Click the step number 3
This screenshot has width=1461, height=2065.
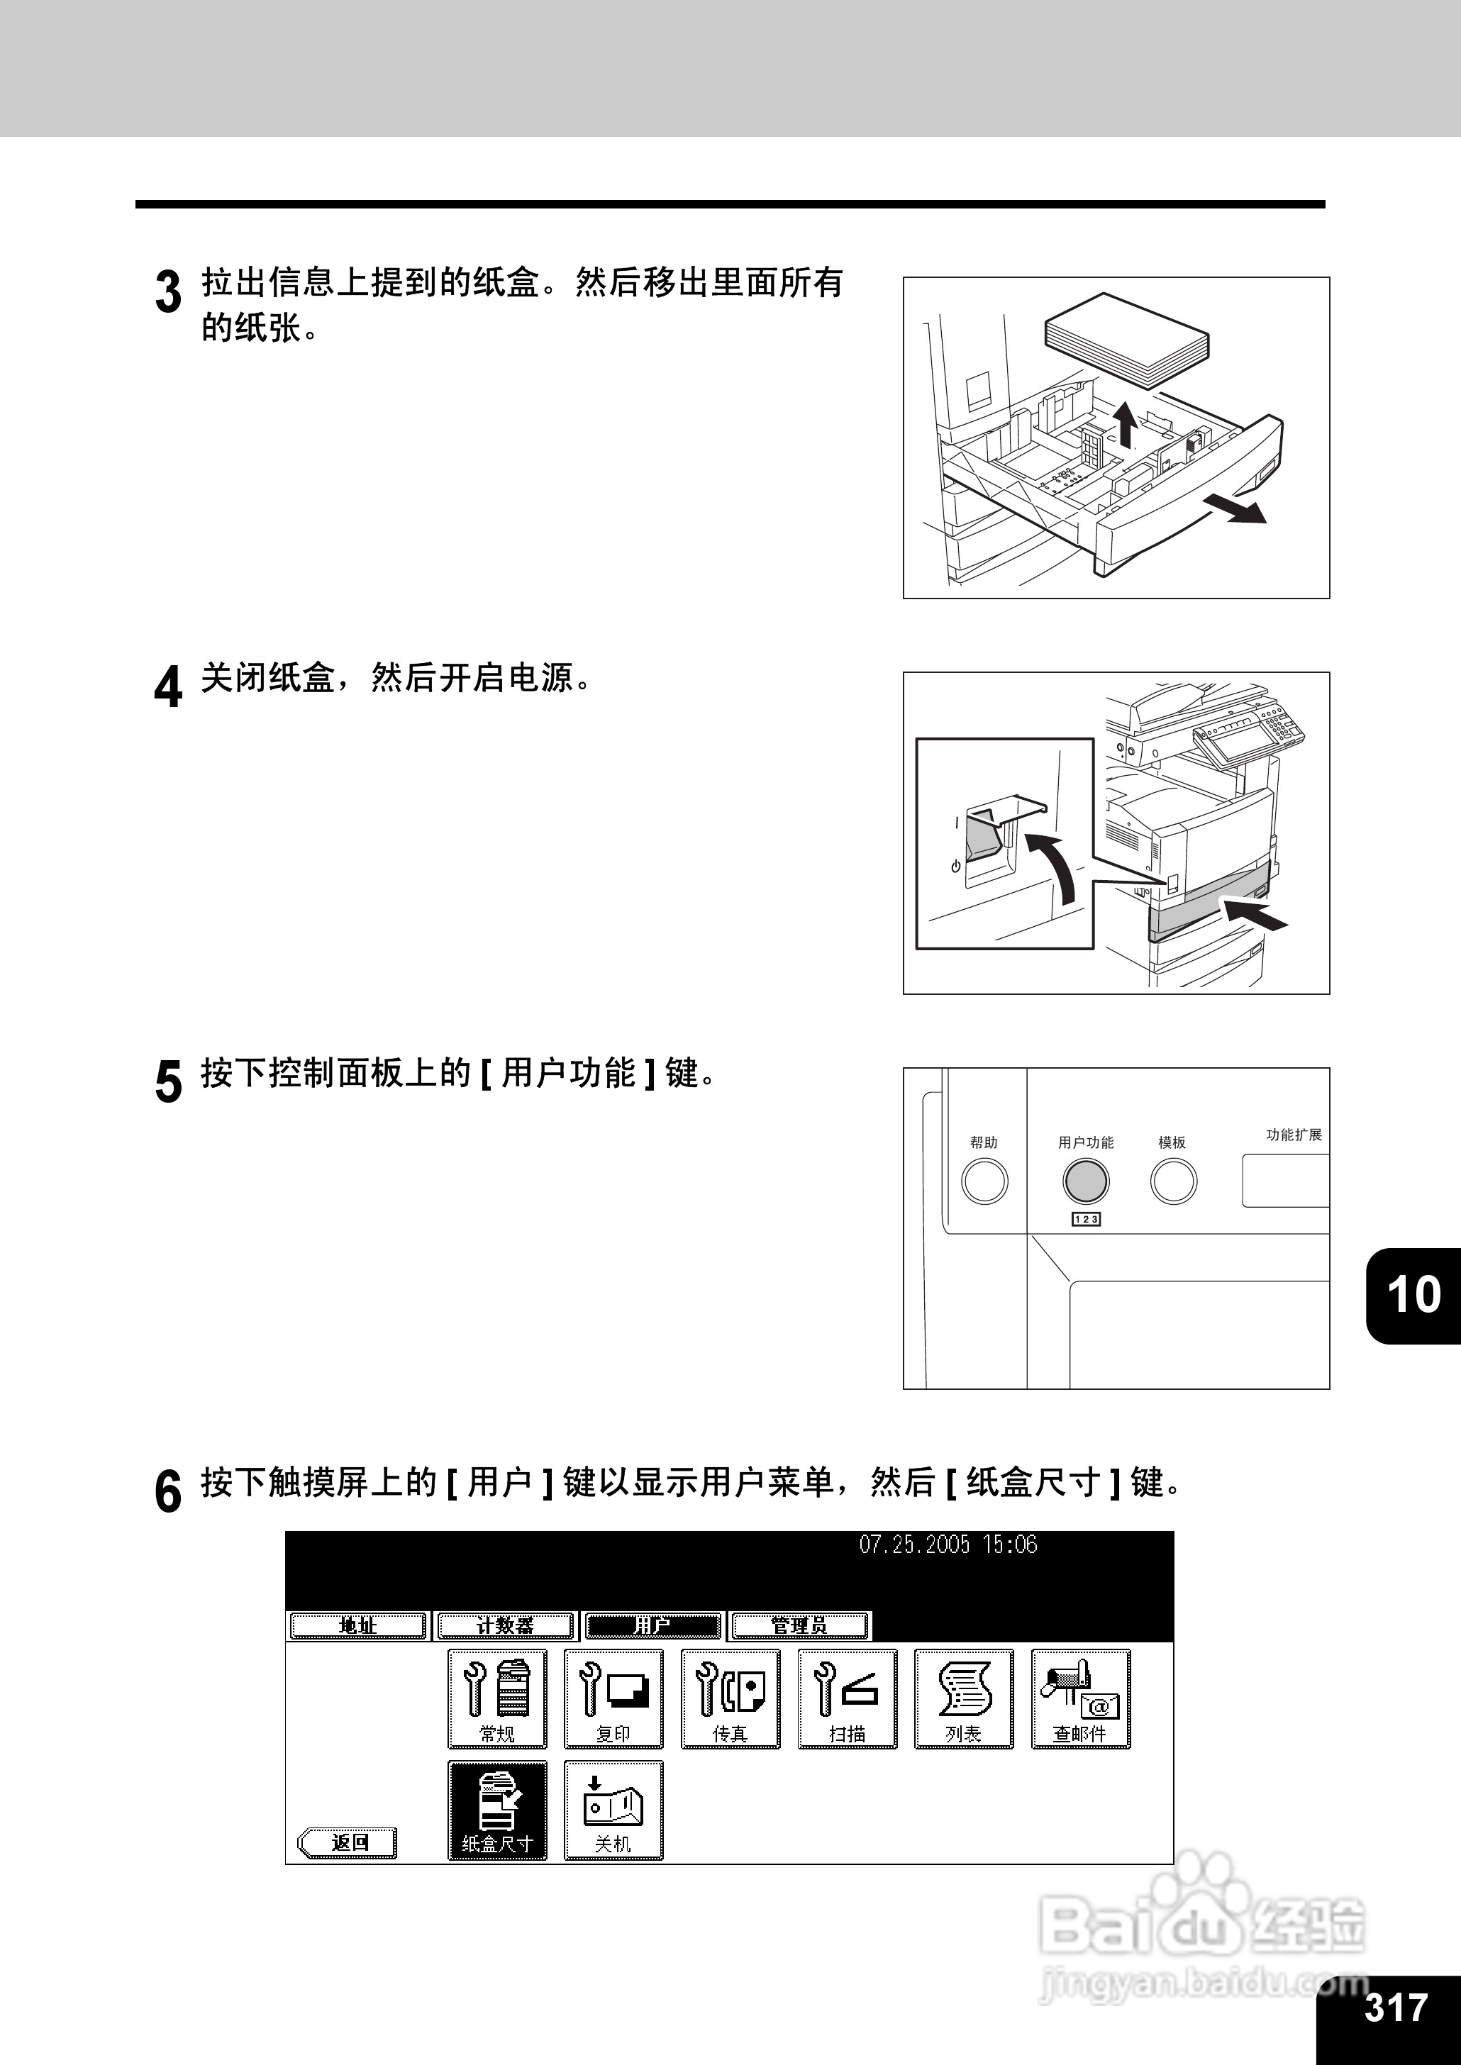coord(168,292)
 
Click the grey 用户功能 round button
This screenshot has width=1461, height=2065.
coord(1086,1181)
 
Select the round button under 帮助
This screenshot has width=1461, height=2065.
coord(984,1181)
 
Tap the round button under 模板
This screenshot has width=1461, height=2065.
coord(1173,1181)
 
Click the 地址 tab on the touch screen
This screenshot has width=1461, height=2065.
coord(357,1626)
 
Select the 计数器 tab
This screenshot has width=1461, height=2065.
coord(505,1626)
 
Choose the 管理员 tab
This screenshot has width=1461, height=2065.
coord(800,1626)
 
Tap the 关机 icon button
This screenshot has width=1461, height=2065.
coord(613,1811)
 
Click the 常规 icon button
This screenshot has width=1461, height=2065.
coord(496,1699)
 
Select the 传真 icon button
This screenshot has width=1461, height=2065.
coord(730,1699)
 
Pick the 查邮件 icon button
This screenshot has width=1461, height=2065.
coord(1079,1699)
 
